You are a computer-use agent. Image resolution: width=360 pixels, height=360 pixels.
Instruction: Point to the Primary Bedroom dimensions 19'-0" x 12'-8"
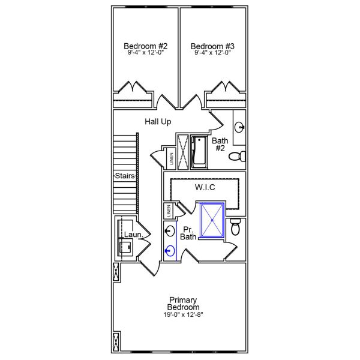(x=184, y=314)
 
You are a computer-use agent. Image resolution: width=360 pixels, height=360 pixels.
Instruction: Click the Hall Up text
(x=158, y=122)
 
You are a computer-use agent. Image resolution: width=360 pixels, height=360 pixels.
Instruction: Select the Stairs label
(x=125, y=176)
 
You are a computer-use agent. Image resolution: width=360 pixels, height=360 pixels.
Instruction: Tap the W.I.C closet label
(x=205, y=187)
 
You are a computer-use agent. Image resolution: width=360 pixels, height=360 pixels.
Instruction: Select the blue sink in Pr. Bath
(x=170, y=251)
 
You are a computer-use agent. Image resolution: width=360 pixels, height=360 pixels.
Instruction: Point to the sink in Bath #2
(x=239, y=127)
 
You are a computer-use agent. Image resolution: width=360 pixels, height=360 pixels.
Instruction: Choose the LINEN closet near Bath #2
(x=172, y=158)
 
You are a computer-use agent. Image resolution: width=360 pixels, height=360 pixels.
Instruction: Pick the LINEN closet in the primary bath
(x=169, y=211)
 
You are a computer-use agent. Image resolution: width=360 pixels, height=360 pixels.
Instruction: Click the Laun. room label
(x=133, y=235)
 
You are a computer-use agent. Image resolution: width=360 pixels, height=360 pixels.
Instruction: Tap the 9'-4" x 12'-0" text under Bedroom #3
(x=212, y=53)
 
